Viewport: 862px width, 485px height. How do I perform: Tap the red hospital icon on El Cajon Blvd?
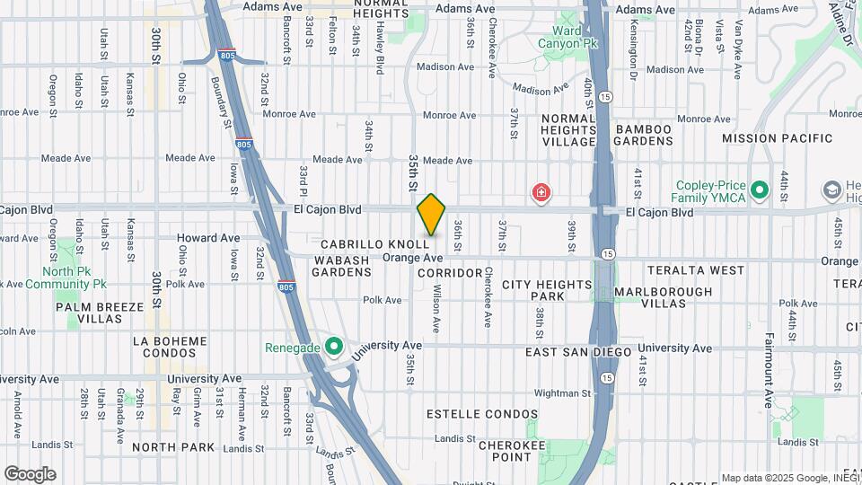541,191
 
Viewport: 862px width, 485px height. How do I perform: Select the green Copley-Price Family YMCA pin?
760,190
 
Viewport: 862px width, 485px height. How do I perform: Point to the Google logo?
30,474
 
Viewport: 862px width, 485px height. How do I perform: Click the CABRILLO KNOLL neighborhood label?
374,244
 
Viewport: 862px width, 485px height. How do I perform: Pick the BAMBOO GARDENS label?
644,136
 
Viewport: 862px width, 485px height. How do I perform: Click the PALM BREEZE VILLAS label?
100,313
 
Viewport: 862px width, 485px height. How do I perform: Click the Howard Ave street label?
208,238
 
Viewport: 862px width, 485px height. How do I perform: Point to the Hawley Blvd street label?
380,48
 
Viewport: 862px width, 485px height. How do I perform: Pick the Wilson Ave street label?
435,309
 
